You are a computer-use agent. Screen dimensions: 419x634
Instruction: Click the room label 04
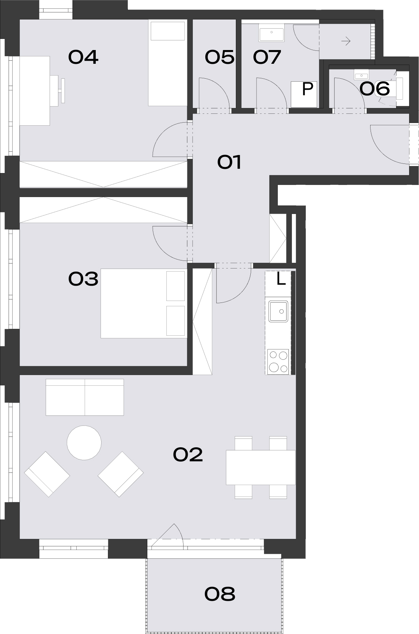tap(83, 57)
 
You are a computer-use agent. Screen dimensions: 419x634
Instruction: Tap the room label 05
tap(219, 57)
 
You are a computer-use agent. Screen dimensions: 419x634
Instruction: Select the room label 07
tap(267, 57)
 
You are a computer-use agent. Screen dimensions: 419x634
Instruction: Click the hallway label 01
tap(229, 162)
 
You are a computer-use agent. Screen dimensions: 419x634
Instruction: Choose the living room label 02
tap(188, 454)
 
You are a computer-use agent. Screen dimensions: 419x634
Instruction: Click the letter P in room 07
tap(308, 89)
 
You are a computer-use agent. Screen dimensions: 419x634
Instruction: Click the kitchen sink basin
tap(278, 311)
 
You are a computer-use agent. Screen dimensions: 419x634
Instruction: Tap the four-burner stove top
tap(278, 362)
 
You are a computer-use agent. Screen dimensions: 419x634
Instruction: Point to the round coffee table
tap(84, 443)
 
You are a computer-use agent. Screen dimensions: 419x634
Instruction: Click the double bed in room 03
tap(144, 303)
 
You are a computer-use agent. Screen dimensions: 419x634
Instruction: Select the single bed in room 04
tap(168, 63)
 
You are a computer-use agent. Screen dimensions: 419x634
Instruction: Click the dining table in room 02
tap(261, 467)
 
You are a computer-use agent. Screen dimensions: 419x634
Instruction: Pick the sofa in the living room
tap(85, 397)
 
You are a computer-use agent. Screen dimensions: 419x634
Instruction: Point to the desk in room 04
tap(35, 91)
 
